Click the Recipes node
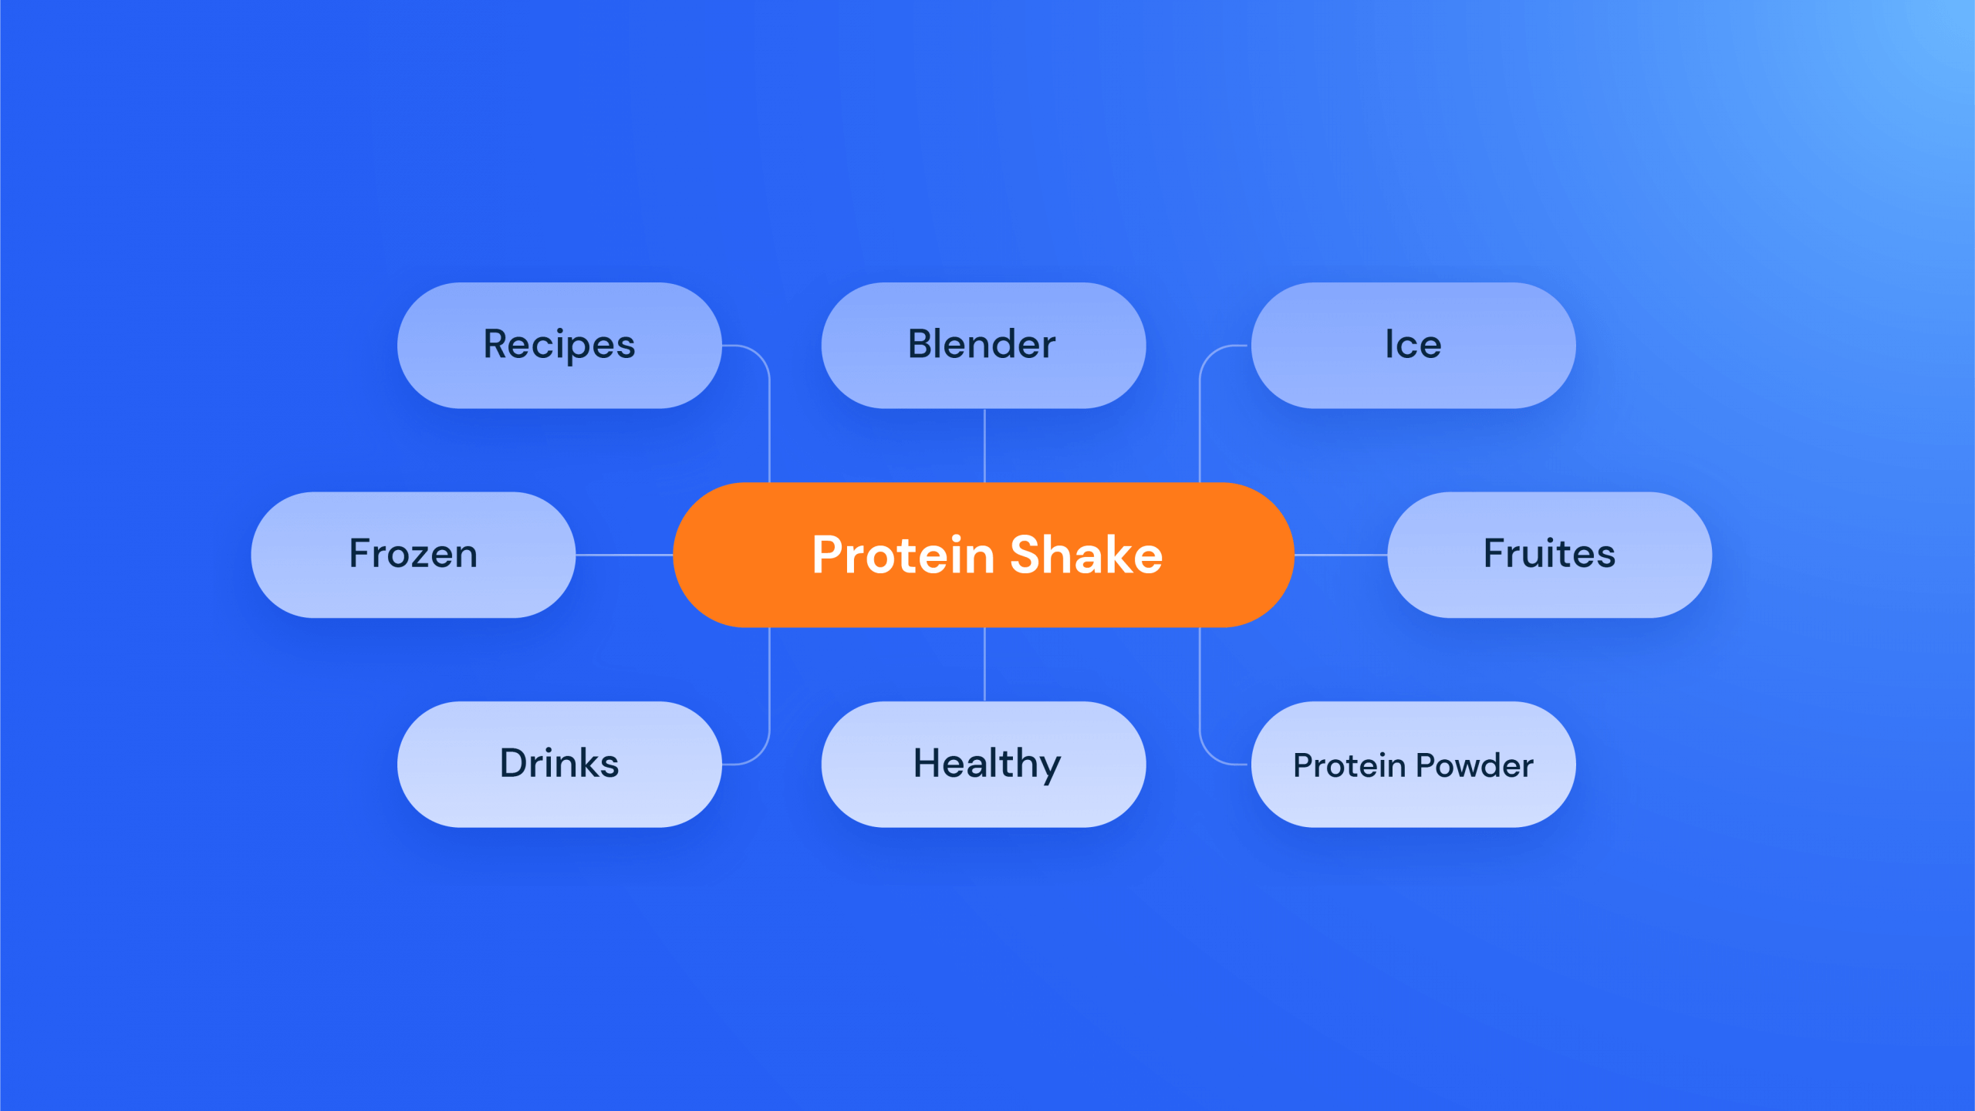coord(559,345)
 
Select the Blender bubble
coord(984,345)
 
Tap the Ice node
coord(1413,345)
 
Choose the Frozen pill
coord(414,555)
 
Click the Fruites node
coord(1550,555)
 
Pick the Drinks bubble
coord(559,765)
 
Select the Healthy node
coord(984,765)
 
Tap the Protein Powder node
coord(1413,765)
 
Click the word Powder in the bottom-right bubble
coord(1474,765)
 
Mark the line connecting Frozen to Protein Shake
coord(624,555)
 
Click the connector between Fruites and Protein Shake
coord(1341,555)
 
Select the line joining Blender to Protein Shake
coord(984,446)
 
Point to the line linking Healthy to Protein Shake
coord(984,664)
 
